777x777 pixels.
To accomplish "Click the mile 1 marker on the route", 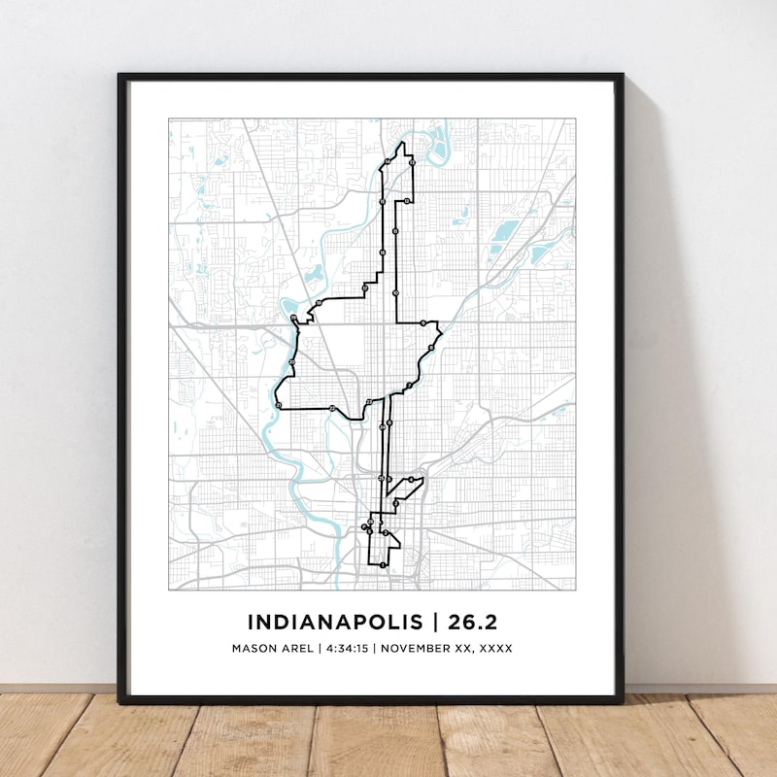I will click(x=383, y=564).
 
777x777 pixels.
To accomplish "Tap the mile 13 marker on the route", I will click(x=412, y=163).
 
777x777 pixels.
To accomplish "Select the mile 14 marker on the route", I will click(x=388, y=160).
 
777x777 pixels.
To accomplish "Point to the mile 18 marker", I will click(x=317, y=304).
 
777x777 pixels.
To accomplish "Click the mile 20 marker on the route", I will click(x=291, y=362).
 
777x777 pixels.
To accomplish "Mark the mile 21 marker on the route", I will click(x=278, y=404).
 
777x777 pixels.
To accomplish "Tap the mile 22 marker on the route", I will click(x=332, y=408).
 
